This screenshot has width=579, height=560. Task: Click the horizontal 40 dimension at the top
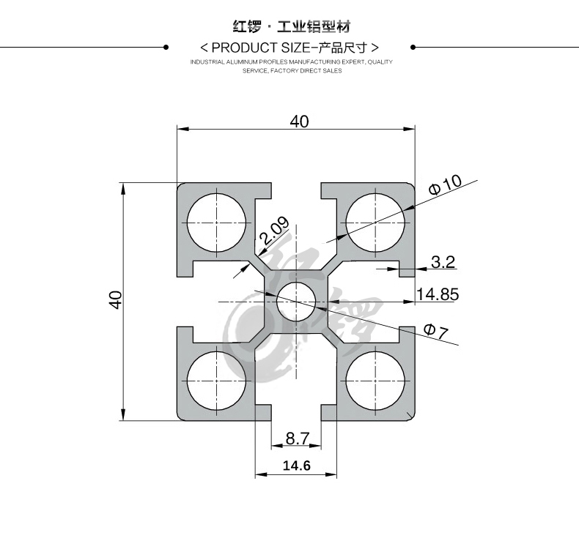299,122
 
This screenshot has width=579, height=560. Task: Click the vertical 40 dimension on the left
115,299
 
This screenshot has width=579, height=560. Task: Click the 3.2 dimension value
443,262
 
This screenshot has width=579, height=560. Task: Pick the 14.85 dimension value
438,294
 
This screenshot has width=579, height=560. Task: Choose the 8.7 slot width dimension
298,438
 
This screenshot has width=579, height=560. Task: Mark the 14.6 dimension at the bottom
297,465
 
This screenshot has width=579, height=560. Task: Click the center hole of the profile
296,302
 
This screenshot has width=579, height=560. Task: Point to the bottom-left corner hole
217,381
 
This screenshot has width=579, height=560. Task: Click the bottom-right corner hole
376,381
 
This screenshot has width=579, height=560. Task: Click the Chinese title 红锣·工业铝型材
291,27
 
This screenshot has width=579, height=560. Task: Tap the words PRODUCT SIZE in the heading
259,48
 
